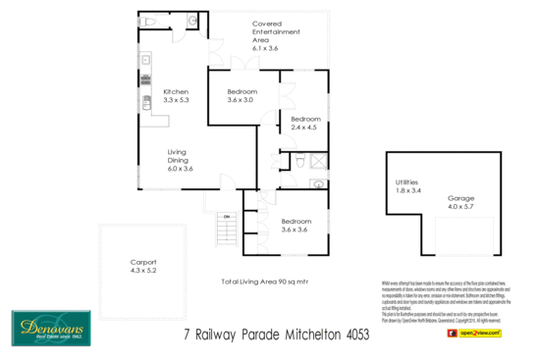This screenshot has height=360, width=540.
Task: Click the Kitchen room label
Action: pyautogui.click(x=177, y=90)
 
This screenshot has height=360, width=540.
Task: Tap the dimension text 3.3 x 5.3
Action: pyautogui.click(x=177, y=100)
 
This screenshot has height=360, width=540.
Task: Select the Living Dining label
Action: pyautogui.click(x=177, y=156)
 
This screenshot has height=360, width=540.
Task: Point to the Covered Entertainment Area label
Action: pyautogui.click(x=276, y=31)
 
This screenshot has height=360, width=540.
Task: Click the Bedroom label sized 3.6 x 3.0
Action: pyautogui.click(x=242, y=90)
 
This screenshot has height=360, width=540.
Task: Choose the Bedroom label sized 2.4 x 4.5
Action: pyautogui.click(x=305, y=118)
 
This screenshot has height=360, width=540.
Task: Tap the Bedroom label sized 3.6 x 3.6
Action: pyautogui.click(x=296, y=221)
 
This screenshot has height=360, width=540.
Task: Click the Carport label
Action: pyautogui.click(x=144, y=262)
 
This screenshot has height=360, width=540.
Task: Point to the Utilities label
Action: pyautogui.click(x=407, y=182)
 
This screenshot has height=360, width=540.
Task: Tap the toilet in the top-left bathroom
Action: pyautogui.click(x=147, y=20)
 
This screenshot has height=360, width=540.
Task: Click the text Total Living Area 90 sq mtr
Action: pyautogui.click(x=265, y=282)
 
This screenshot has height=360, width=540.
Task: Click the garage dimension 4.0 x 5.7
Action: pyautogui.click(x=460, y=207)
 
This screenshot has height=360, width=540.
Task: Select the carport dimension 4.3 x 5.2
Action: pyautogui.click(x=144, y=272)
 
